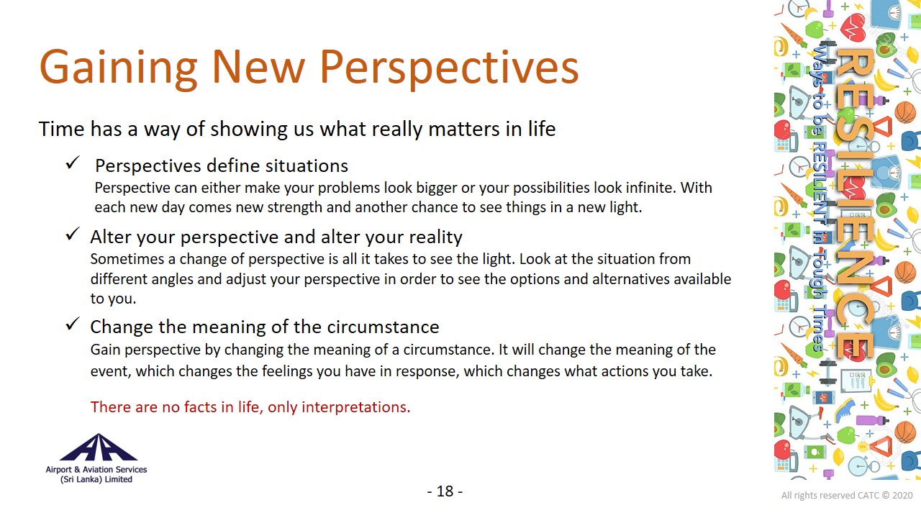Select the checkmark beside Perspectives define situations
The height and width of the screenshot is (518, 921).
(73, 163)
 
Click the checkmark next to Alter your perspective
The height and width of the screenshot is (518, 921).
(73, 234)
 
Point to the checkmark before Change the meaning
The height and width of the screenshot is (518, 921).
(73, 324)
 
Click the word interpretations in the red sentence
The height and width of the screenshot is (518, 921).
(356, 407)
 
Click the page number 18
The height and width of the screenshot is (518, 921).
(445, 491)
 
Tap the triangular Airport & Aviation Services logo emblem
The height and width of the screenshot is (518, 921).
(99, 447)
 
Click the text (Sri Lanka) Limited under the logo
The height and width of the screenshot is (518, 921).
(96, 479)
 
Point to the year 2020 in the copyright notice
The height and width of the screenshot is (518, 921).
(902, 496)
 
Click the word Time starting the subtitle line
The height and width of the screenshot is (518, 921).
(62, 129)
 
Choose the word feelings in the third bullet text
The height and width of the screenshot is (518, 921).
(287, 371)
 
